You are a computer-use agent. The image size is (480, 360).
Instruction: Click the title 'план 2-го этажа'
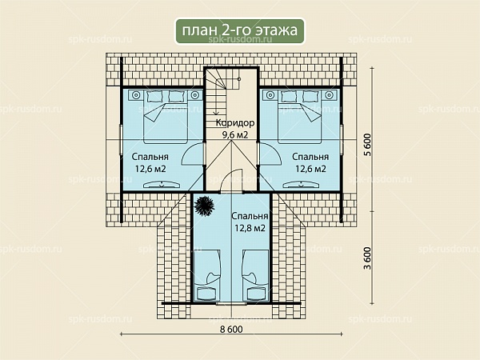[240, 30]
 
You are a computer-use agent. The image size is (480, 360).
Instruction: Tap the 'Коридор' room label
[235, 122]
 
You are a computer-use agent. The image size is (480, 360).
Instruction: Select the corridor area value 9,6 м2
[234, 134]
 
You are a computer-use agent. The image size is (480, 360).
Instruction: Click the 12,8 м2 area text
[250, 228]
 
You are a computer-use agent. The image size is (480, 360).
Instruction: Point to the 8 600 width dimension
[231, 329]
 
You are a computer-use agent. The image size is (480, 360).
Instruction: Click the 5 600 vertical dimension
[367, 145]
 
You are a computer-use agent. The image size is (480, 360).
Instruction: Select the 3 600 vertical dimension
[367, 258]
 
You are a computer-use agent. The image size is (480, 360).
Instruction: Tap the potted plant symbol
[204, 206]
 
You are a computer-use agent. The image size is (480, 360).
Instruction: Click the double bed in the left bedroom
[166, 117]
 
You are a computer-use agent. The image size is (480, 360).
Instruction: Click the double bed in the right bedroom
[299, 117]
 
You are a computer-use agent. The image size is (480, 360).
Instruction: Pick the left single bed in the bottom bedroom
[207, 275]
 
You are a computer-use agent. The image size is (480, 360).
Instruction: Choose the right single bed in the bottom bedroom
[256, 275]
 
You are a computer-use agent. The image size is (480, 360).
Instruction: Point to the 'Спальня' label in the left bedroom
[150, 157]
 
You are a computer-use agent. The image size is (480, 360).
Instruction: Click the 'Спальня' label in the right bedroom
[310, 157]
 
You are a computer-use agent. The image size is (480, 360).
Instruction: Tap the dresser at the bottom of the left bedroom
[162, 185]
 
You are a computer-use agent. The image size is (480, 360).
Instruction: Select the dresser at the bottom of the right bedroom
[302, 185]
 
